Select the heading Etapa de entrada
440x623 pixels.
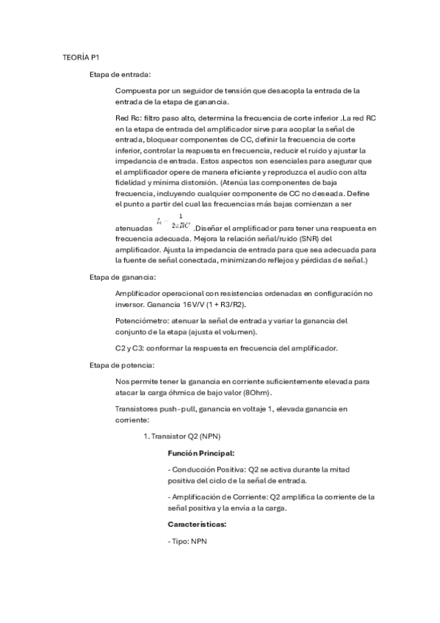(x=120, y=74)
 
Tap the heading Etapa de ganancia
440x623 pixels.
(x=122, y=277)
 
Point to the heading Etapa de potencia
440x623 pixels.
(x=122, y=365)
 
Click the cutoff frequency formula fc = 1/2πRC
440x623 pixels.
(x=174, y=222)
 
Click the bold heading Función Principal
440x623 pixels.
(x=201, y=453)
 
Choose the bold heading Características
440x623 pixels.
(x=197, y=524)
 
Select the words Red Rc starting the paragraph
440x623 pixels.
(x=128, y=118)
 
